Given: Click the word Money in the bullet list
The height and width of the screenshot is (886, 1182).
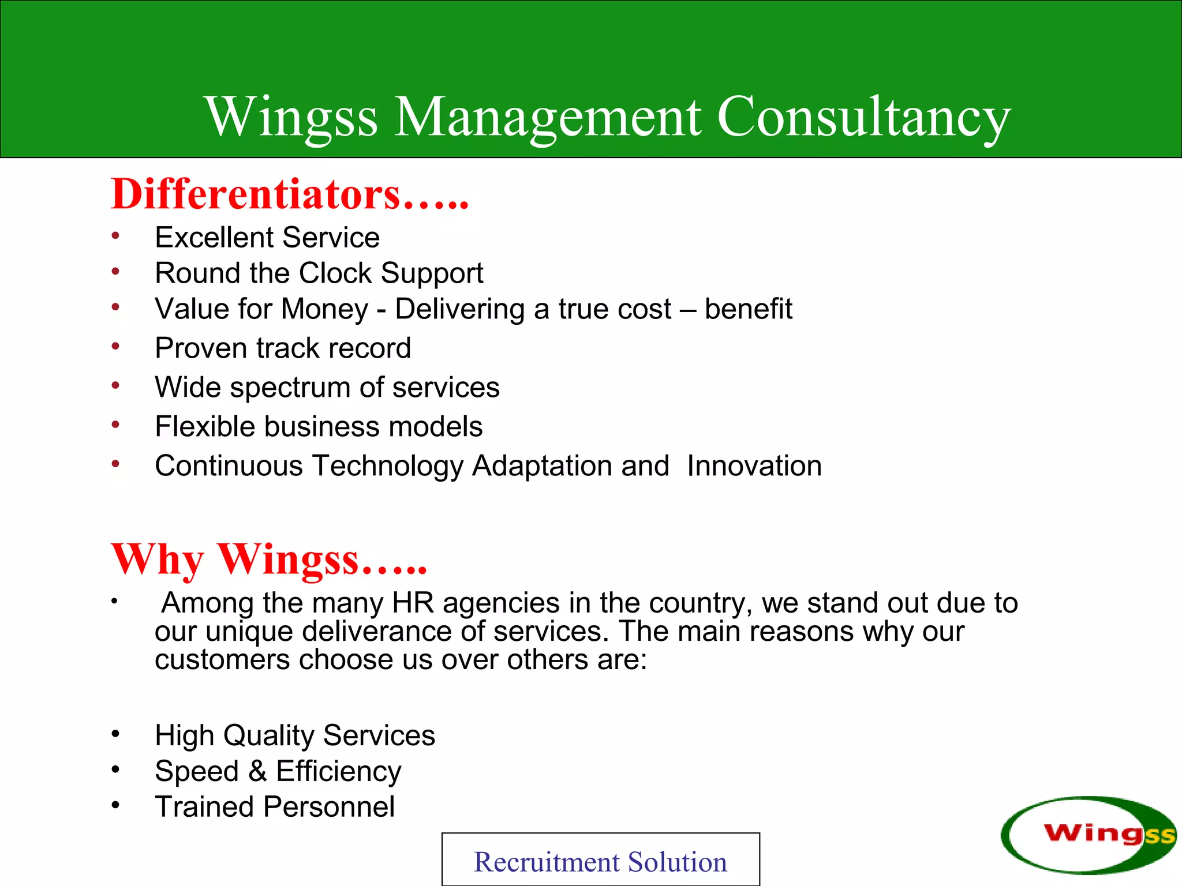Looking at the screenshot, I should tap(324, 309).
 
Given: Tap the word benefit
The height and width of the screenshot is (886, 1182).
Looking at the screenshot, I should tap(748, 309).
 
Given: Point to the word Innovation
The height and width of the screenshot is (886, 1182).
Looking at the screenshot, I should tap(754, 466).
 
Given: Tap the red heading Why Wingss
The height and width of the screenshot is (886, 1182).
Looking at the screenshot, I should tap(268, 560).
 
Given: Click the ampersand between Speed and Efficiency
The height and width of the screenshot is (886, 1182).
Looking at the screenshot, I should tap(257, 771).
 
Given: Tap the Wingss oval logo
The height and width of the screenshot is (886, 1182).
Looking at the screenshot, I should tap(1087, 834).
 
